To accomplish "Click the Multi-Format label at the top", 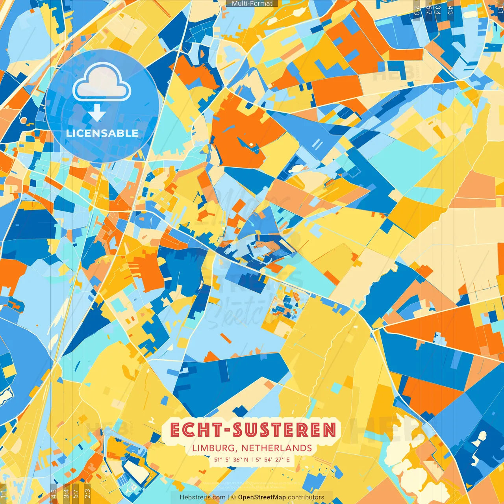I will [252, 4].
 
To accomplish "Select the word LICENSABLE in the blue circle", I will [102, 133].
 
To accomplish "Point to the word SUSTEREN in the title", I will [285, 430].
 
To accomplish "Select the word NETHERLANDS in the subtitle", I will [276, 448].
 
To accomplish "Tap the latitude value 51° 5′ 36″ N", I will [231, 460].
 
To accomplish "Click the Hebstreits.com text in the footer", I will [202, 497].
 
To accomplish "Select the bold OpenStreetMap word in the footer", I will [262, 497].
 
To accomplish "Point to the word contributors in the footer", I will [306, 497].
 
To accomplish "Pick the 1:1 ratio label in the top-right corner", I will [500, 9].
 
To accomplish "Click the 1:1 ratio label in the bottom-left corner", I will [4, 494].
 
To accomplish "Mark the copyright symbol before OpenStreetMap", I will [233, 497].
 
